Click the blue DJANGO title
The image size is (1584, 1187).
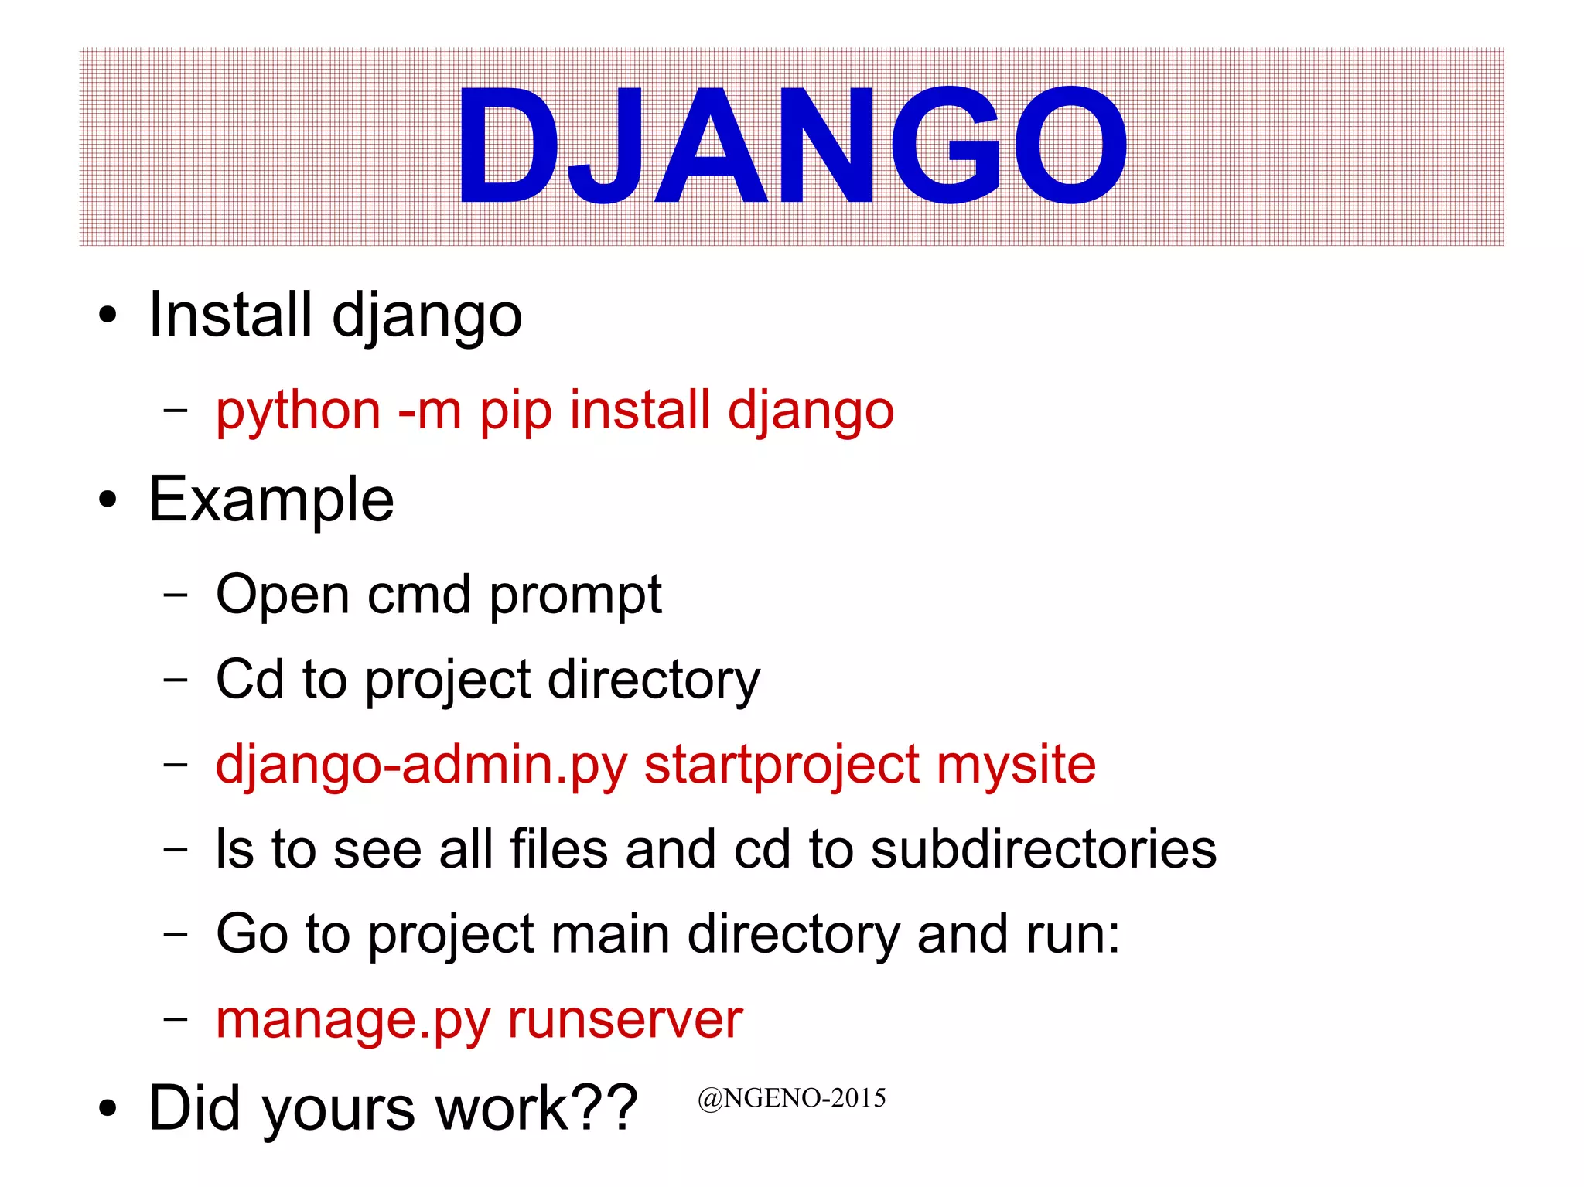792,145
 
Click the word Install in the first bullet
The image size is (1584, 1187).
230,315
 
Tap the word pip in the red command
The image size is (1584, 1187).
516,411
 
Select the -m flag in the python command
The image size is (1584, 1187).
429,411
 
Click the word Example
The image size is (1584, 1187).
271,500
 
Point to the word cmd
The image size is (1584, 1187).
418,595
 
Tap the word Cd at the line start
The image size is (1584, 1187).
249,680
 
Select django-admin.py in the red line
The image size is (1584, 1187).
421,766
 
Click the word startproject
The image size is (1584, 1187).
782,766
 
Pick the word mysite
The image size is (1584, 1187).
1016,766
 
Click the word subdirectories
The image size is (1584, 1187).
1043,850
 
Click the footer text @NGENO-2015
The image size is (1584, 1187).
791,1098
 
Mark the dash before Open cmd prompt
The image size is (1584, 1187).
176,595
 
